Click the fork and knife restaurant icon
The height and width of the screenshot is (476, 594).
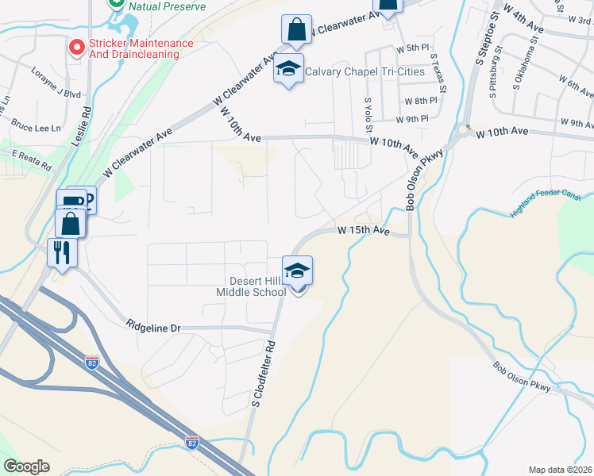pos(62,253)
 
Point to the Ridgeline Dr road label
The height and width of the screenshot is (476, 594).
pos(154,326)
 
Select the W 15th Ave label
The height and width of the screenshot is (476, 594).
pos(363,231)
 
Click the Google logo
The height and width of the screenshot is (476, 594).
pos(26,466)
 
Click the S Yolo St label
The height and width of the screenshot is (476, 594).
pos(368,114)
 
